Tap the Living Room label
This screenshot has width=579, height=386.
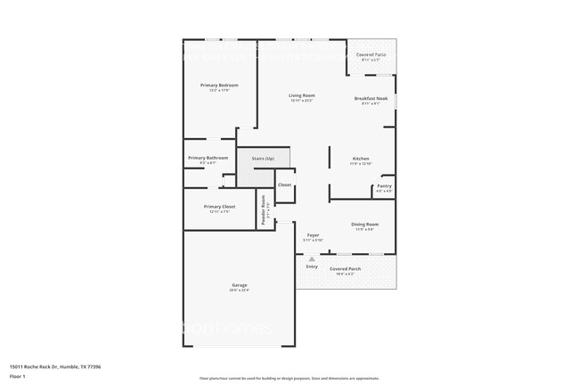(x=301, y=95)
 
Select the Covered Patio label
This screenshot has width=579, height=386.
(x=371, y=55)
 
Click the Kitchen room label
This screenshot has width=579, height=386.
(x=361, y=159)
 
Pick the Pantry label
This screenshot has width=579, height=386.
(x=384, y=186)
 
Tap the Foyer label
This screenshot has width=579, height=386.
(x=313, y=235)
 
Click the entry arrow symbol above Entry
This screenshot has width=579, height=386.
(x=312, y=258)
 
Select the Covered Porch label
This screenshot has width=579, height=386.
(x=345, y=268)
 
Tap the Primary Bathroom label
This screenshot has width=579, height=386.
(x=208, y=158)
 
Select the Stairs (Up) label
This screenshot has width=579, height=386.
(x=263, y=158)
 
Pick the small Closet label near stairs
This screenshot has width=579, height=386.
(x=284, y=185)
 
